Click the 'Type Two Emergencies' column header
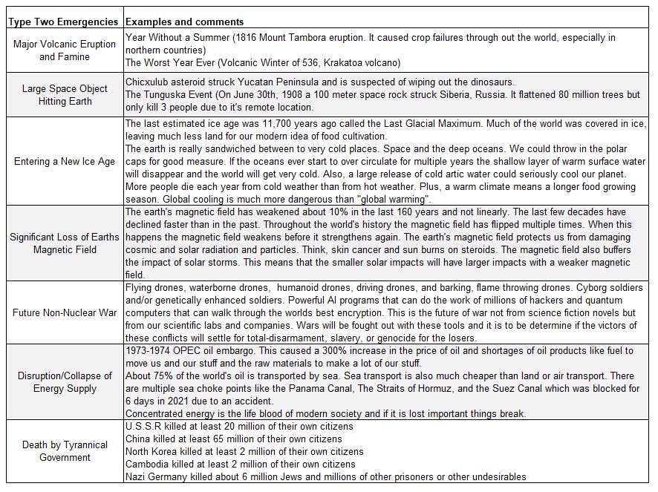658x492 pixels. coord(63,22)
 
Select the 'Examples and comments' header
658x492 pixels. coord(184,22)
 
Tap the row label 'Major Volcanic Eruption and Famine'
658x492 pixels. coord(64,50)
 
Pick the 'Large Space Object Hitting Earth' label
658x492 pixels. coord(64,95)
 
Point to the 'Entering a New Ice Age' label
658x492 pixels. coord(64,161)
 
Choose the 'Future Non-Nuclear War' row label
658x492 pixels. coord(64,312)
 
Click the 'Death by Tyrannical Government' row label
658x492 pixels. coord(64,451)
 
